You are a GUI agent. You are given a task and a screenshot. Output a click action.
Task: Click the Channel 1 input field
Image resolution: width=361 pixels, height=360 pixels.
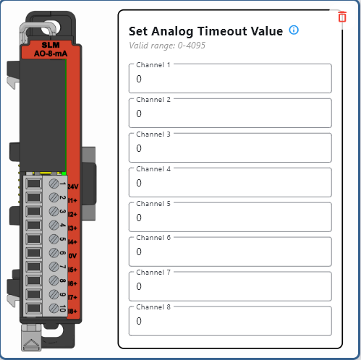[x=230, y=78]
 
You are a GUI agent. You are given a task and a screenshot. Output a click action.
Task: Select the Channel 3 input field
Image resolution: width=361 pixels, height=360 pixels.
[x=230, y=147]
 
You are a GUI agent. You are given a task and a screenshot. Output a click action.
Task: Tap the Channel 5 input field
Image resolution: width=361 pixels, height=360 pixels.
[x=230, y=217]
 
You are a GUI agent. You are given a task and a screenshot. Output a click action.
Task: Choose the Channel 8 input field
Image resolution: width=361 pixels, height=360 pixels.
[x=230, y=321]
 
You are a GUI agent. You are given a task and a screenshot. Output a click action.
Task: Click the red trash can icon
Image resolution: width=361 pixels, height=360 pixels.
[x=342, y=17]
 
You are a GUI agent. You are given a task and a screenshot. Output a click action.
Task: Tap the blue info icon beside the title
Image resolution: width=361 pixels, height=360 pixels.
[x=294, y=30]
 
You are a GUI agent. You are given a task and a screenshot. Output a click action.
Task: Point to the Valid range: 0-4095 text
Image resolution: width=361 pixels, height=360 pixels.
[x=167, y=46]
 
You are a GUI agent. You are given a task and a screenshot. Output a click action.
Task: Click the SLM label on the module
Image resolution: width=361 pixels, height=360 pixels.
[x=51, y=45]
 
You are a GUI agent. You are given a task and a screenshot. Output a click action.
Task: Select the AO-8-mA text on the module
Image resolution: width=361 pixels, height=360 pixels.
[x=51, y=53]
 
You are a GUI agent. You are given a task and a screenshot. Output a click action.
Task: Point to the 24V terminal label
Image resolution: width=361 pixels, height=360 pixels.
[x=73, y=187]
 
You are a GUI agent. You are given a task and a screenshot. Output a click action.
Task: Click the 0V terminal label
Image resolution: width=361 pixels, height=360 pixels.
[x=72, y=256]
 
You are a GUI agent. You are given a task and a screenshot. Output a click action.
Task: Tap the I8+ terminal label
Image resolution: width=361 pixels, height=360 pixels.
[x=72, y=311]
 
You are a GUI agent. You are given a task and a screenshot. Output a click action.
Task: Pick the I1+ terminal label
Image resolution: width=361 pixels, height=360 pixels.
[x=72, y=200]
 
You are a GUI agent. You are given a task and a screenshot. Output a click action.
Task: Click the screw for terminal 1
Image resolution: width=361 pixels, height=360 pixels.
[x=54, y=184]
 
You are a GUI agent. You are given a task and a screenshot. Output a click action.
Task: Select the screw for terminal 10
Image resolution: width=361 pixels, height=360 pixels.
[x=54, y=308]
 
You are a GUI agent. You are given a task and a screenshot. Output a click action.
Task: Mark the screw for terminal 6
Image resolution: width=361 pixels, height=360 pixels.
[x=54, y=253]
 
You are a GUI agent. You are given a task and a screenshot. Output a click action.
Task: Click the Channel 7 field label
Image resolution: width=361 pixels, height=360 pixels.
[x=153, y=273]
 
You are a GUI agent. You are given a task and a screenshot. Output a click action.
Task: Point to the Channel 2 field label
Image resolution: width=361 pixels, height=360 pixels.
[x=153, y=100]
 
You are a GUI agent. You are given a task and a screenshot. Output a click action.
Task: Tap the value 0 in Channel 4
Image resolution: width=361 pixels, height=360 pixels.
[x=139, y=183]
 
